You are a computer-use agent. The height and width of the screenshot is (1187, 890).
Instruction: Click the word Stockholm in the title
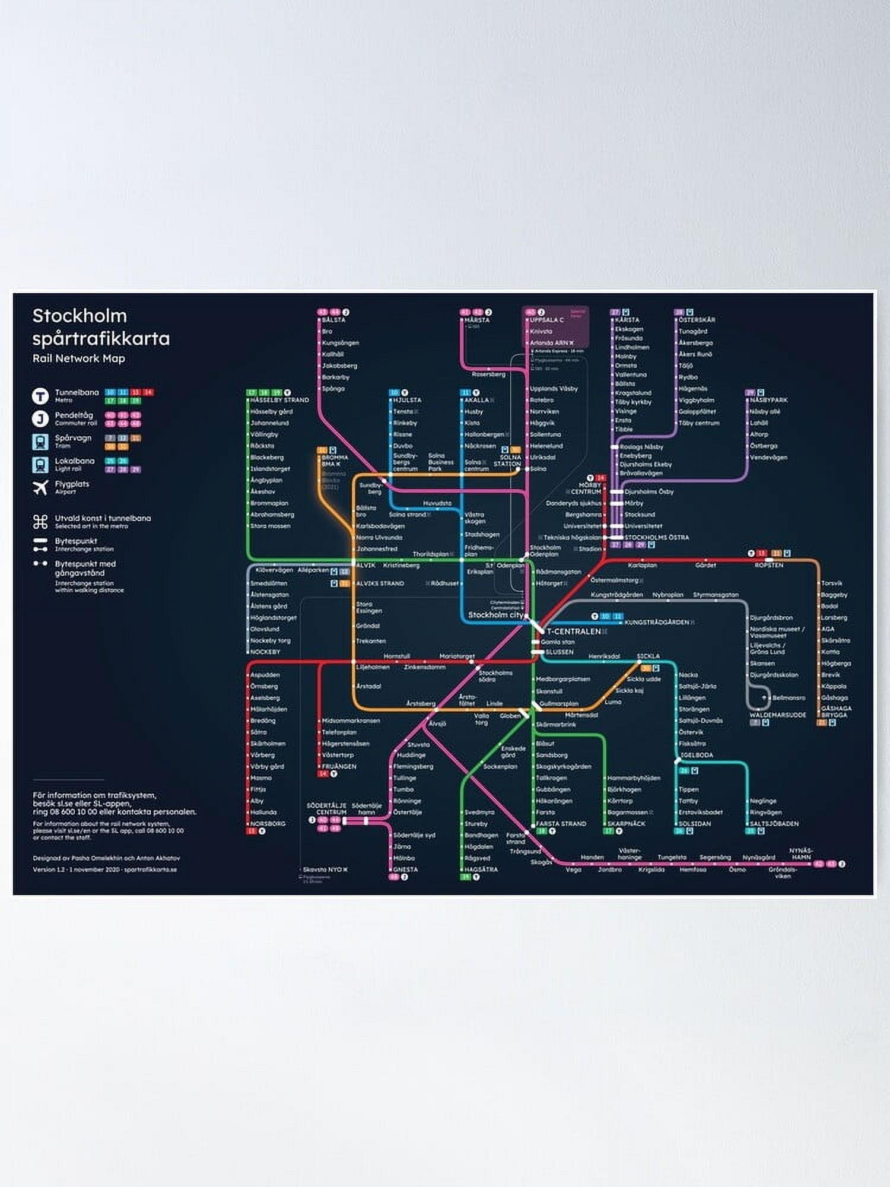(x=80, y=316)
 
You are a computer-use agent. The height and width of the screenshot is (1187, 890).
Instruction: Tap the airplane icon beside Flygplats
(x=40, y=487)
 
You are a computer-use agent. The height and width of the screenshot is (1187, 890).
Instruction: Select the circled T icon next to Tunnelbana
(x=40, y=396)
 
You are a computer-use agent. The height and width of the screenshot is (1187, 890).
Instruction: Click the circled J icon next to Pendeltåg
(x=40, y=419)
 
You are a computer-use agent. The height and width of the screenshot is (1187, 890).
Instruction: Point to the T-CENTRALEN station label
(x=573, y=631)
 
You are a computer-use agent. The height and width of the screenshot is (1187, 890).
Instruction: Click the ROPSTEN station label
(x=769, y=566)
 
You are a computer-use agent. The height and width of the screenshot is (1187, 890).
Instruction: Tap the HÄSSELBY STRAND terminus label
(x=279, y=400)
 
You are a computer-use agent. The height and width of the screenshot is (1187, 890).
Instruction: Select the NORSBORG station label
(x=268, y=824)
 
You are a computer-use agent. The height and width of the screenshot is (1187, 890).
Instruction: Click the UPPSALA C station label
(x=546, y=320)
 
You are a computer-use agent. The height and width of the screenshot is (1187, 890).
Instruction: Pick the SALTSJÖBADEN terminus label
(x=774, y=824)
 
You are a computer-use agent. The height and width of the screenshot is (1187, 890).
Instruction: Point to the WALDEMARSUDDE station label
(x=778, y=715)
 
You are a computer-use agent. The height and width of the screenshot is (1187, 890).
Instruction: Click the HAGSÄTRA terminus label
(x=481, y=869)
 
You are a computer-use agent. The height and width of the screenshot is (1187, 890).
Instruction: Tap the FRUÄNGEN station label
(x=339, y=767)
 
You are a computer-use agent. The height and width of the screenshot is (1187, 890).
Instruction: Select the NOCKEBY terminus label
(x=265, y=652)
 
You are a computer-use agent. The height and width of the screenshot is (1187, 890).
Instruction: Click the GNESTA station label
(x=405, y=869)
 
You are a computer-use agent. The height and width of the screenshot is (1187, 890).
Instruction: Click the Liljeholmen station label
(x=373, y=667)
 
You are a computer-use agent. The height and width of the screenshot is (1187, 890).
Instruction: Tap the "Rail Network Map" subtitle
(x=78, y=358)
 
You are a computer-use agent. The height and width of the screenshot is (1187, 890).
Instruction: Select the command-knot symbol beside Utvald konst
(x=40, y=522)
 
